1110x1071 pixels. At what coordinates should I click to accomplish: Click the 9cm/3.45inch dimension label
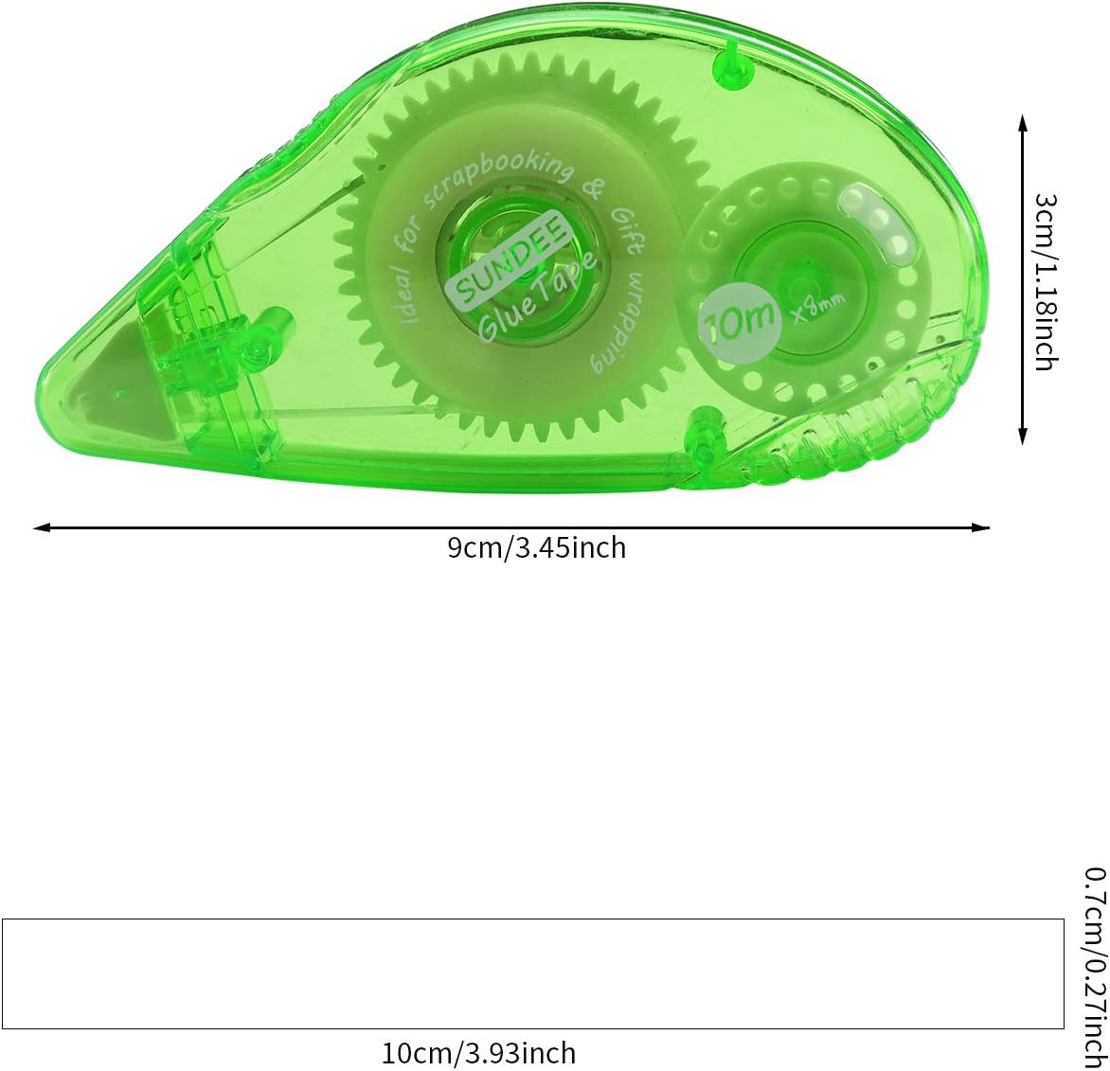(537, 548)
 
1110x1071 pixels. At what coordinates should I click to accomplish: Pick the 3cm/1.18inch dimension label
(1046, 282)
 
